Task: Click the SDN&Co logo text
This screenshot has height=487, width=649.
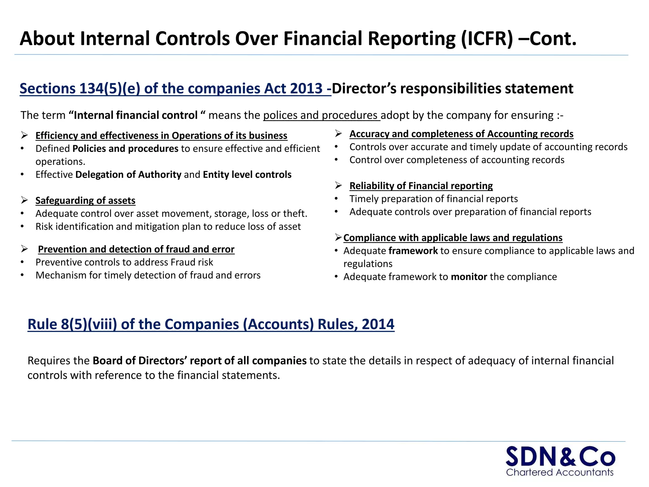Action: [560, 457]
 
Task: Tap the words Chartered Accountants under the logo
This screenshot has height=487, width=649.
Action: [560, 472]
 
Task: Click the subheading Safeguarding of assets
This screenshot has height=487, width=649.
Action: [85, 201]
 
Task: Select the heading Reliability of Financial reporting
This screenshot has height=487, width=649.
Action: [421, 186]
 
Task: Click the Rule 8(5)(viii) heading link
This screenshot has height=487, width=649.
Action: [211, 324]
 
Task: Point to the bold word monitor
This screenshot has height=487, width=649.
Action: [469, 277]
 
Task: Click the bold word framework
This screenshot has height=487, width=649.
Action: [413, 251]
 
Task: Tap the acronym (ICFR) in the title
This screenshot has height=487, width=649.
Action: [486, 39]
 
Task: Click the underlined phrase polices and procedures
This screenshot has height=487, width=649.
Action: [321, 115]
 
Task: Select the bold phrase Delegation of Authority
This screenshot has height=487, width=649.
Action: [128, 175]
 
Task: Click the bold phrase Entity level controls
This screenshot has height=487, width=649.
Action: [247, 175]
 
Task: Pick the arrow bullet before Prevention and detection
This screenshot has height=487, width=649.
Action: [25, 249]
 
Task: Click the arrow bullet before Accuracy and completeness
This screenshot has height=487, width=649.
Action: [338, 134]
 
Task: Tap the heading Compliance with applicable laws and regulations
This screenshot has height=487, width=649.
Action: [453, 238]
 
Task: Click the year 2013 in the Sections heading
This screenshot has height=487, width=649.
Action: [306, 88]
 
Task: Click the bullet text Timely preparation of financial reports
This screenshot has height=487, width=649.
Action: [433, 199]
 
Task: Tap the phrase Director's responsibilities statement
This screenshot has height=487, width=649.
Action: [452, 88]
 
